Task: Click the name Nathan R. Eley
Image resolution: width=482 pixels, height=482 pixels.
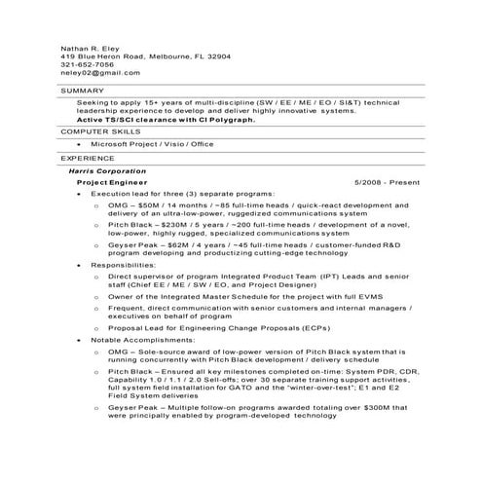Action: [88, 47]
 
